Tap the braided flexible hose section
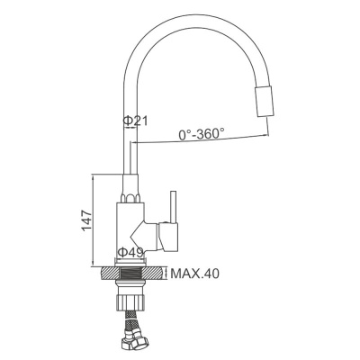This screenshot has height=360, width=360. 130,320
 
